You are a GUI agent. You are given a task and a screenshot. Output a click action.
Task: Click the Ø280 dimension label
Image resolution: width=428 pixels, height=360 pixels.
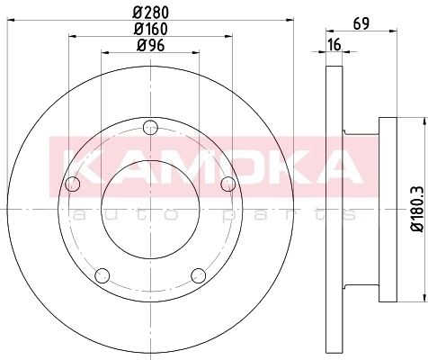pyautogui.click(x=151, y=12)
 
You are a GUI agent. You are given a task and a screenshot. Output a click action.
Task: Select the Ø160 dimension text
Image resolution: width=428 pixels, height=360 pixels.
pyautogui.click(x=151, y=29)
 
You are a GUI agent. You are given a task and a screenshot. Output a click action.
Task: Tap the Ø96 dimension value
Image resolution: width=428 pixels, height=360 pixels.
pyautogui.click(x=151, y=46)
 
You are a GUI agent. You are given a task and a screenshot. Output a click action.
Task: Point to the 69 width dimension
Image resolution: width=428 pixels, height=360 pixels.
pyautogui.click(x=361, y=23)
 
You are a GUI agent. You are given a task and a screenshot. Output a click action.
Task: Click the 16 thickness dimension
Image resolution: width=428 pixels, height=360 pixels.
pyautogui.click(x=334, y=45)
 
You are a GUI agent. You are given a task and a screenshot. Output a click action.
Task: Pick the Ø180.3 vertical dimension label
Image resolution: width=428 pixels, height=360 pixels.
pyautogui.click(x=417, y=209)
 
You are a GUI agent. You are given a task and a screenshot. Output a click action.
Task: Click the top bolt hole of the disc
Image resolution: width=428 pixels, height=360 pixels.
pyautogui.click(x=150, y=128)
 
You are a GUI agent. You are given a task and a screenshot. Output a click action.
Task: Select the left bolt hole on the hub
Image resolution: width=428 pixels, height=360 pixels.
pyautogui.click(x=73, y=184)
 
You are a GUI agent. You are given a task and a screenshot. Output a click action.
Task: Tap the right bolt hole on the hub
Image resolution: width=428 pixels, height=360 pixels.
pyautogui.click(x=228, y=184)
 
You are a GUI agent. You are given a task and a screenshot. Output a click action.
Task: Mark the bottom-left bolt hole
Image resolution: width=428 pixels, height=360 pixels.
pyautogui.click(x=103, y=275)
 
